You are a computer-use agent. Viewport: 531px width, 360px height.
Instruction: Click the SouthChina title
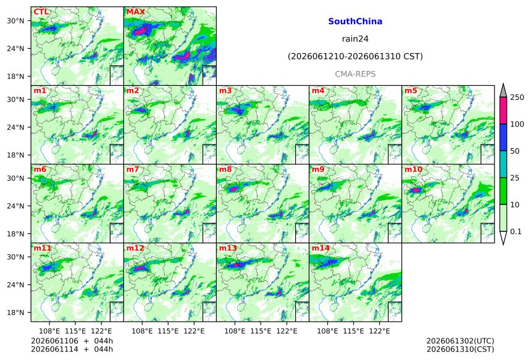click(x=355, y=22)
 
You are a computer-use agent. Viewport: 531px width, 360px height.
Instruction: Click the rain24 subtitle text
click(x=355, y=39)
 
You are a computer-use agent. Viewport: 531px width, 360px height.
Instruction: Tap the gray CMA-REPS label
click(x=355, y=74)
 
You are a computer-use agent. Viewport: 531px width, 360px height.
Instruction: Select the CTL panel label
click(x=41, y=12)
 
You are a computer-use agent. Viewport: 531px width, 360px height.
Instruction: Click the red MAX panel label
click(x=135, y=12)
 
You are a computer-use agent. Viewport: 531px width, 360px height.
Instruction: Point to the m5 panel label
click(x=411, y=91)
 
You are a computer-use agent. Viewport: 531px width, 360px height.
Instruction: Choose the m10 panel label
click(x=414, y=169)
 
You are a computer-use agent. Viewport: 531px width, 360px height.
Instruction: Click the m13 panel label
click(x=228, y=248)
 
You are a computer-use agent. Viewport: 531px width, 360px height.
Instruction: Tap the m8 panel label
click(x=225, y=169)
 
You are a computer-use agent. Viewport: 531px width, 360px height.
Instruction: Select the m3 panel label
click(x=225, y=91)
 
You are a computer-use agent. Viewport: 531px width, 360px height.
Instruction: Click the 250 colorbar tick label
click(x=517, y=98)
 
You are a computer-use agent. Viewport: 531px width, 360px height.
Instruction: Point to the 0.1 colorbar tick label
click(x=516, y=232)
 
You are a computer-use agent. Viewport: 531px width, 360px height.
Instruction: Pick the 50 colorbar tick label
click(x=515, y=151)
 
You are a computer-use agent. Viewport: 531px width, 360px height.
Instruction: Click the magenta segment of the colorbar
click(x=503, y=111)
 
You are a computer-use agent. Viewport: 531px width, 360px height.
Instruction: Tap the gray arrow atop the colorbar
click(x=503, y=91)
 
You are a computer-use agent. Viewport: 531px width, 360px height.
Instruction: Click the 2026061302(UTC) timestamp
click(x=460, y=341)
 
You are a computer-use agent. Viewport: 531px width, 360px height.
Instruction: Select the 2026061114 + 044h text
click(x=72, y=349)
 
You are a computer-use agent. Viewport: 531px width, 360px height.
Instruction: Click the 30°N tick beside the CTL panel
click(x=15, y=21)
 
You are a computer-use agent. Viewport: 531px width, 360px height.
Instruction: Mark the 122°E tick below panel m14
click(x=379, y=331)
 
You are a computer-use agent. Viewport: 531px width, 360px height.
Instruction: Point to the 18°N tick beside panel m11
click(x=15, y=312)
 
